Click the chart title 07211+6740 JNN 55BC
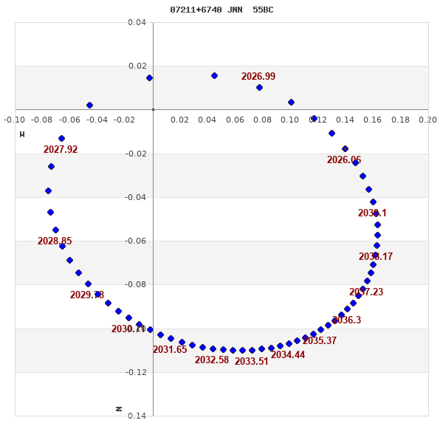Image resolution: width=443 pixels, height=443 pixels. [221, 10]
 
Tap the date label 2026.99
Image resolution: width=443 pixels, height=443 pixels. [258, 77]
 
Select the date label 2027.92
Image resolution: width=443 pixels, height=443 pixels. [61, 150]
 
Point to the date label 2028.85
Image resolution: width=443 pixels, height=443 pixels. [55, 241]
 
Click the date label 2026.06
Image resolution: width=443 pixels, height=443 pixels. [344, 160]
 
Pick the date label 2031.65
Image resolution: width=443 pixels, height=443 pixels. [170, 350]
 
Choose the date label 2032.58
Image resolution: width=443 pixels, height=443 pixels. [212, 360]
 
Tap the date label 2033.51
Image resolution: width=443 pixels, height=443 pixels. [252, 362]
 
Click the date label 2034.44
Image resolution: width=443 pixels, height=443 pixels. [288, 355]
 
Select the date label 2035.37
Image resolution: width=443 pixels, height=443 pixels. [320, 341]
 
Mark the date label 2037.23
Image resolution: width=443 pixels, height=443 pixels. [366, 292]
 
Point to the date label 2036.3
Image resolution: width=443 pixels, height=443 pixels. [346, 320]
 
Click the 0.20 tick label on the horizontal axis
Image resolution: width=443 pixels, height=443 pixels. [427, 120]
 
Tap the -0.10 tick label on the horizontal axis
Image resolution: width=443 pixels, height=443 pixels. [14, 120]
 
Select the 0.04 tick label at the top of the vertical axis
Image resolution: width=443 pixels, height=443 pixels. [137, 23]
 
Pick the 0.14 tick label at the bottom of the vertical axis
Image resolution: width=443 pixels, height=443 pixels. [137, 416]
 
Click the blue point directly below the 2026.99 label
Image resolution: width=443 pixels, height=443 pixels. [259, 87]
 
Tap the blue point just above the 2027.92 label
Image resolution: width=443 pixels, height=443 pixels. [61, 138]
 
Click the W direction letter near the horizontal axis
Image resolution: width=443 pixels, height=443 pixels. [22, 134]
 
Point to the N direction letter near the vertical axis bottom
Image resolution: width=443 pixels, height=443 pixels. [120, 408]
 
